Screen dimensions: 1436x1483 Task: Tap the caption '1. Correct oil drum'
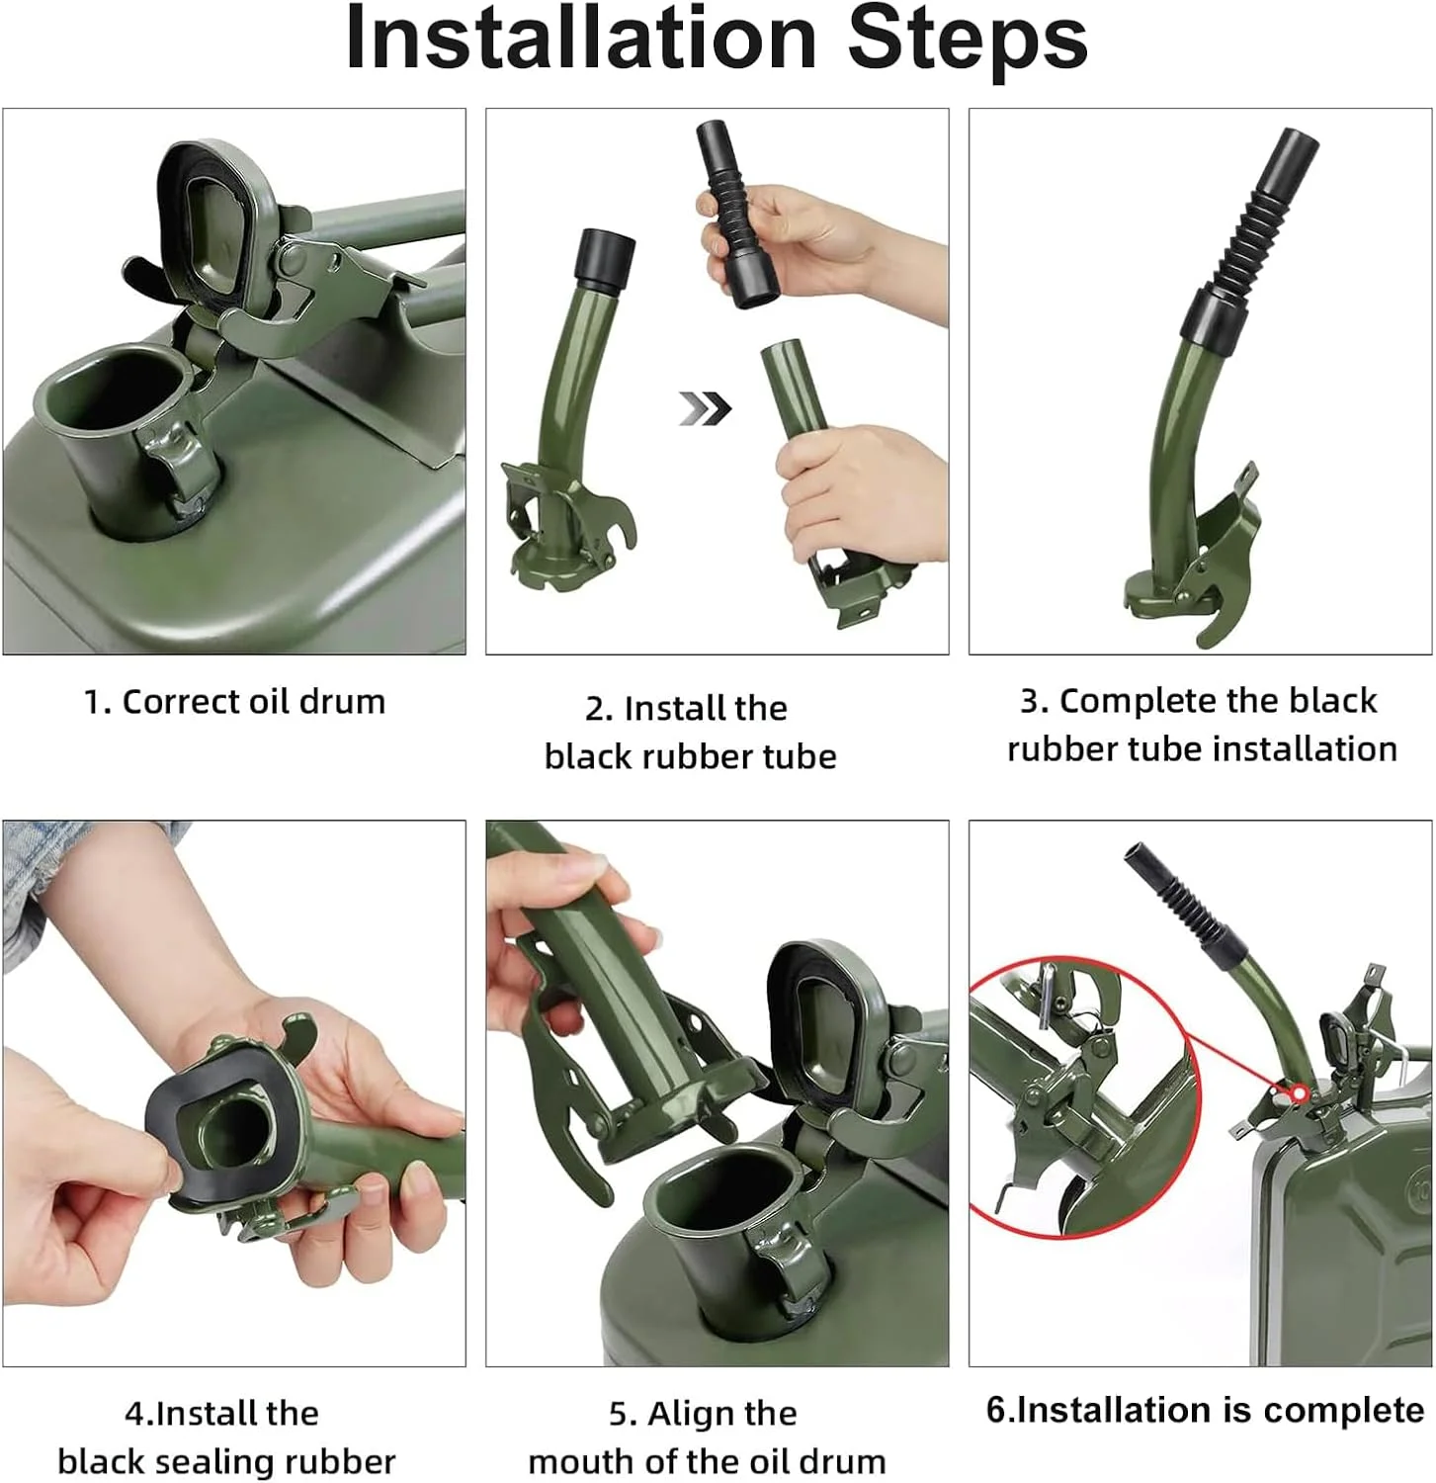234,701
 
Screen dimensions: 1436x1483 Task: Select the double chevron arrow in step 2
705,407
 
